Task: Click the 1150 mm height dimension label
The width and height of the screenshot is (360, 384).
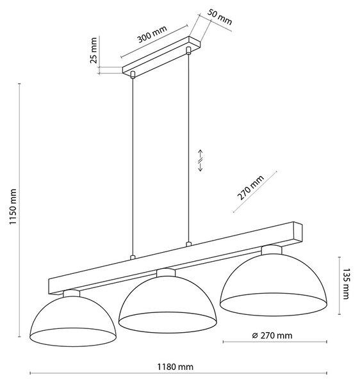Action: (13, 207)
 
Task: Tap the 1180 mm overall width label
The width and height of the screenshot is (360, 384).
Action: (175, 367)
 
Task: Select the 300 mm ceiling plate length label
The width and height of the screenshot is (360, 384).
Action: (152, 34)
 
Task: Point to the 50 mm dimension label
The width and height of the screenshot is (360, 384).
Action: (219, 17)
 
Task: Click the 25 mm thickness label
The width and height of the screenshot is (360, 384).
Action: (94, 51)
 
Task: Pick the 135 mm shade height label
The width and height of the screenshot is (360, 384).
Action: (345, 284)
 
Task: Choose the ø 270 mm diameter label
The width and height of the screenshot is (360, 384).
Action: (272, 335)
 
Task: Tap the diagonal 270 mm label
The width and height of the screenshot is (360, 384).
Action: (250, 188)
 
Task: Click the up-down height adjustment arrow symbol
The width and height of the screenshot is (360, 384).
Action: (200, 161)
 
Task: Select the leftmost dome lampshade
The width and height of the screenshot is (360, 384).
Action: (73, 321)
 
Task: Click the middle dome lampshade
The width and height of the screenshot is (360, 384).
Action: (168, 304)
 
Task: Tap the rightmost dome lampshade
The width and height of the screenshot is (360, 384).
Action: (274, 285)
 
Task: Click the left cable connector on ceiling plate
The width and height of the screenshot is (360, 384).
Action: (133, 75)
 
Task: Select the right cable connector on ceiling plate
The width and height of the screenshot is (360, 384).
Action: (188, 50)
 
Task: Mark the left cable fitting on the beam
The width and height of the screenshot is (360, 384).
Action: (133, 257)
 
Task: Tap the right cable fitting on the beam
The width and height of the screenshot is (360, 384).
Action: (188, 244)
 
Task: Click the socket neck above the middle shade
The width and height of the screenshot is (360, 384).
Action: (166, 273)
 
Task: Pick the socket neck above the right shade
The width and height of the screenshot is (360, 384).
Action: (272, 250)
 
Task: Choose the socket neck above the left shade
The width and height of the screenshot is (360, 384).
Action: (71, 293)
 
